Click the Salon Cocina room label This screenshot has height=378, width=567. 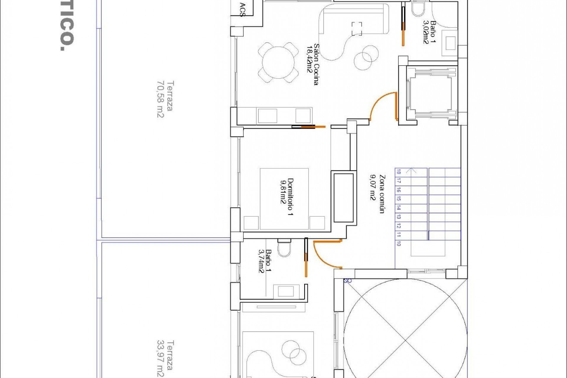tap(313, 64)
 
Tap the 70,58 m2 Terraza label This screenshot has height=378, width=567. tap(165, 99)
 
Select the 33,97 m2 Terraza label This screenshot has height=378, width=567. tap(165, 359)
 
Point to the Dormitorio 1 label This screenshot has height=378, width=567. tap(286, 197)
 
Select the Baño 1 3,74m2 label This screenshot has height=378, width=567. tap(265, 261)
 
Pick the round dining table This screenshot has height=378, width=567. tap(278, 63)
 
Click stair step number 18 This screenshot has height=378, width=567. tap(399, 172)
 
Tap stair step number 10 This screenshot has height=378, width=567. tap(399, 244)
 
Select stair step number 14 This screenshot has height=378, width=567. tap(399, 208)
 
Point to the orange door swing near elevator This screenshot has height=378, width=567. tap(381, 105)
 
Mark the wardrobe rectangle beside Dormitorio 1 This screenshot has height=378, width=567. tap(343, 198)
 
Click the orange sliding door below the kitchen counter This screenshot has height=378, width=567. tap(310, 127)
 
